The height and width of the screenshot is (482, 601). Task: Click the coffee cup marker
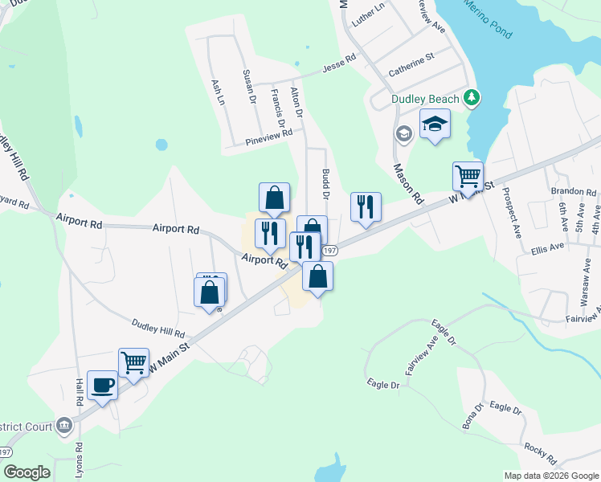pos(102,384)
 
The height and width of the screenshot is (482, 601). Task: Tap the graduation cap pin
pos(435,125)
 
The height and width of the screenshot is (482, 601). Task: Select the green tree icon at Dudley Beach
pos(472,99)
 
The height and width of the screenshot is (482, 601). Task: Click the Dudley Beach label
pos(425,99)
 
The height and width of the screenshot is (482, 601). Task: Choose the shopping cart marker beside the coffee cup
pos(133,361)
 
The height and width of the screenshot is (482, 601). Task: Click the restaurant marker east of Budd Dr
pos(366,206)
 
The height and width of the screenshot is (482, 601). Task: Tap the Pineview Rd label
pos(269,139)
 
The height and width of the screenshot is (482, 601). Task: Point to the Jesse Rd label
pos(339,63)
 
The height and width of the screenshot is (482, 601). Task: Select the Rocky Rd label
pos(540,450)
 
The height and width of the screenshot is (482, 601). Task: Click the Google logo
pos(27,472)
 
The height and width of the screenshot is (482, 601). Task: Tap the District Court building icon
pos(64,425)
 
